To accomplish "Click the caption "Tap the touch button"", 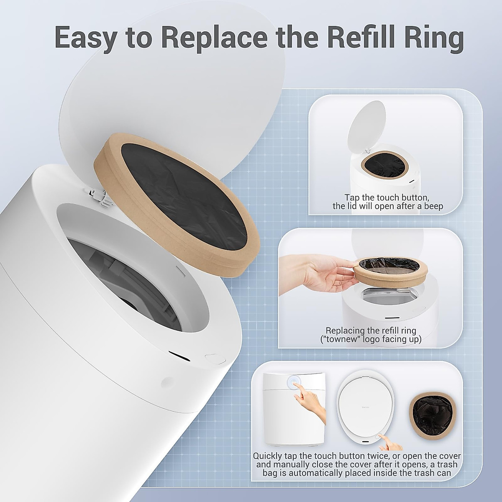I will click(387, 197).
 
